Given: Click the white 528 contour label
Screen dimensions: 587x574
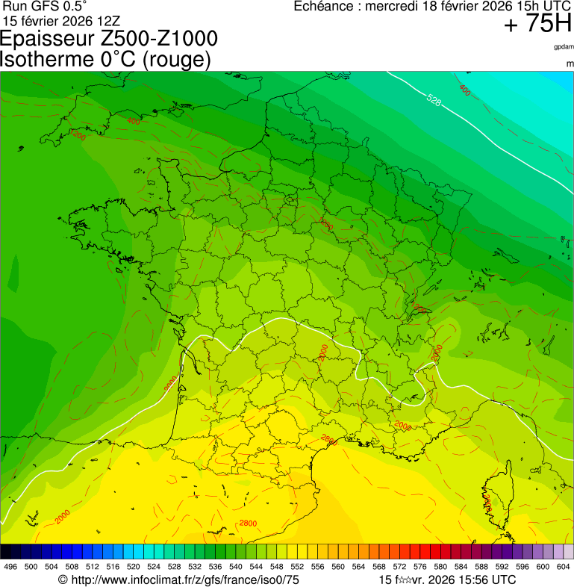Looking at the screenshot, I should [434, 99].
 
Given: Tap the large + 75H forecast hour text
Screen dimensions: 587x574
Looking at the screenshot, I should [537, 24].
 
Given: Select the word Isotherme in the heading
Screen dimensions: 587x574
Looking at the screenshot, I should [46, 60].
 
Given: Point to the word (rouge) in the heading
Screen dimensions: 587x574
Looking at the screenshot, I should [175, 60].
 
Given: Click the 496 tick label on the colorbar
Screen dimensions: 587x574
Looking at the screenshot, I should [10, 568].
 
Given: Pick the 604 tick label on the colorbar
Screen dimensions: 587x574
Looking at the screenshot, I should [564, 568].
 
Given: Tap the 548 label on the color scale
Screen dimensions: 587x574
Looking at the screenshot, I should [276, 568].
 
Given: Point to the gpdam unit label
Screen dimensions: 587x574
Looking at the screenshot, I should [564, 47].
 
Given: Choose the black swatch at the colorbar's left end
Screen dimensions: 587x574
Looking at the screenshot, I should [6, 551].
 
